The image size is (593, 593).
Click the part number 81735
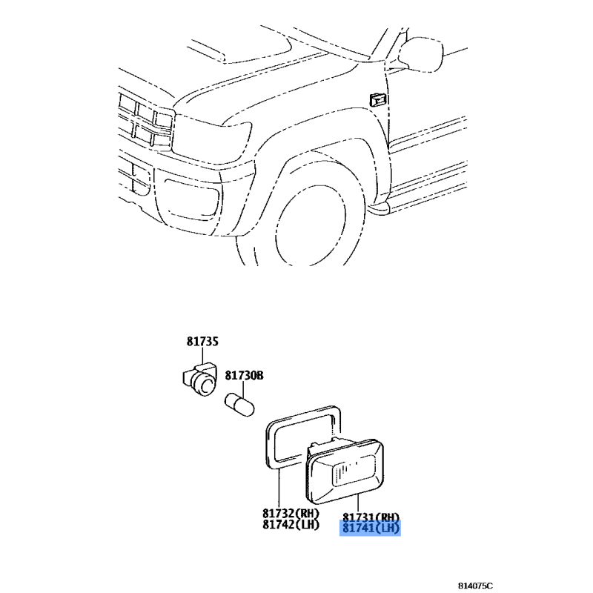pyautogui.click(x=202, y=342)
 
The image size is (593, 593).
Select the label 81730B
pyautogui.click(x=245, y=376)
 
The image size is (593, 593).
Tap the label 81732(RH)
pyautogui.click(x=291, y=513)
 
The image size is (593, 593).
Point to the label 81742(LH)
pyautogui.click(x=291, y=525)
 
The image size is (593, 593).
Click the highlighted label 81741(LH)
pyautogui.click(x=371, y=528)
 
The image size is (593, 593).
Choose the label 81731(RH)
pyautogui.click(x=371, y=517)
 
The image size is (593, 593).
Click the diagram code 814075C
pyautogui.click(x=475, y=586)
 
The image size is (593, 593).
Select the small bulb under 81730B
pyautogui.click(x=239, y=404)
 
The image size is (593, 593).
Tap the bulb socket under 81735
pyautogui.click(x=199, y=379)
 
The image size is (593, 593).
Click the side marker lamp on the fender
pyautogui.click(x=378, y=100)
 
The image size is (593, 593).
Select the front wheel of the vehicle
pyautogui.click(x=314, y=223)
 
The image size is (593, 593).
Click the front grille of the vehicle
pyautogui.click(x=145, y=121)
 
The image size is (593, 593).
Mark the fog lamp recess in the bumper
pyautogui.click(x=191, y=199)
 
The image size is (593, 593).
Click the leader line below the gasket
pyautogui.click(x=279, y=487)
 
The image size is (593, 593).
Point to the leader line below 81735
pyautogui.click(x=202, y=356)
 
